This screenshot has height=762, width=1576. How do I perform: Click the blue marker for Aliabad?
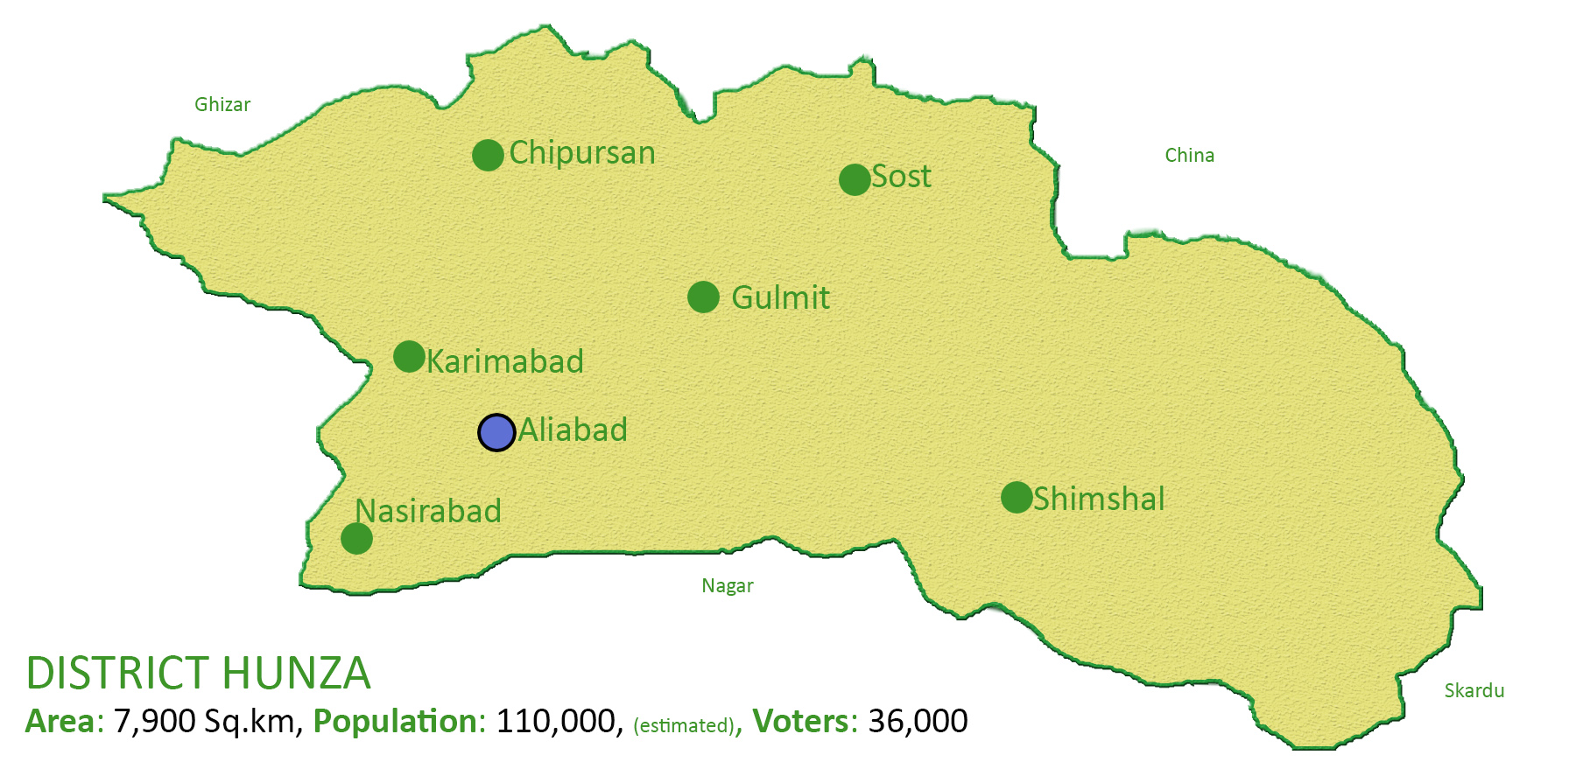[496, 432]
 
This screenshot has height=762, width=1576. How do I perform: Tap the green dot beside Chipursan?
[488, 155]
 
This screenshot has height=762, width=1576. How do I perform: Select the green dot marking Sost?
[854, 179]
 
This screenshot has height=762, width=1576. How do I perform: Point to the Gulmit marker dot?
[703, 297]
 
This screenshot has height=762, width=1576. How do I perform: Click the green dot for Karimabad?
[409, 356]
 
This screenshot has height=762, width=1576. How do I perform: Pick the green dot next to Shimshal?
[1017, 497]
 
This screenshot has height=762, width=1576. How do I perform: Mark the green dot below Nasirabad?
[356, 538]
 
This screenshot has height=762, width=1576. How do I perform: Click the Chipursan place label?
[582, 153]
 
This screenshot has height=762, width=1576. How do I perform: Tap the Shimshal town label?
[1099, 499]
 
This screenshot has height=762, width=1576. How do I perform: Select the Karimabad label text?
[505, 361]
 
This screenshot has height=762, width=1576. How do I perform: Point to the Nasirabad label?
[428, 511]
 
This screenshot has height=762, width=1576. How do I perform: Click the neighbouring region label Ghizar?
[222, 105]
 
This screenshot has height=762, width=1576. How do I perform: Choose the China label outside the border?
[1189, 156]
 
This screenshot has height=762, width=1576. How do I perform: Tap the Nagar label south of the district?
[727, 586]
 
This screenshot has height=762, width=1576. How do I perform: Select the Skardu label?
[1474, 691]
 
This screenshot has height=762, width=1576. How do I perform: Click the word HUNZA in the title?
[297, 673]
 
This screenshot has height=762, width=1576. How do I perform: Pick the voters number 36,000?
[918, 722]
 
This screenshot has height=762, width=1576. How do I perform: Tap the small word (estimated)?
[684, 725]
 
